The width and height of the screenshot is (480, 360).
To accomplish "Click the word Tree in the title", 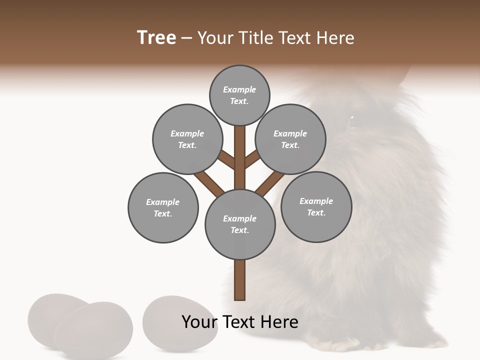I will coord(156,38).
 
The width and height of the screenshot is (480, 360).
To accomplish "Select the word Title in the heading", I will coord(254,38).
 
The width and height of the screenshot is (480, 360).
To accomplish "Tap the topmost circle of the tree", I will coord(239,95).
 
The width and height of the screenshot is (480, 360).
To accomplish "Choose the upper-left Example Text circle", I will coord(187,139).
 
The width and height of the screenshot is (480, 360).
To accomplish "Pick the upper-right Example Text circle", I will coord(290,139).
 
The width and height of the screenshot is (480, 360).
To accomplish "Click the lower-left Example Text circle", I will coord(163,207).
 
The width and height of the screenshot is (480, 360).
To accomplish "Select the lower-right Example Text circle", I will coord(316,206).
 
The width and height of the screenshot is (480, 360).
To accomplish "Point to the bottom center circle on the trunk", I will coord(240,224).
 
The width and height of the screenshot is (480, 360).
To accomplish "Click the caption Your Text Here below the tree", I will coord(240,322).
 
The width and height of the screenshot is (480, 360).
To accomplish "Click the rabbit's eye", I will coord(351,118).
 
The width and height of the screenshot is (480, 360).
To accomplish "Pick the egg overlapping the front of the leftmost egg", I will coord(93,330).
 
